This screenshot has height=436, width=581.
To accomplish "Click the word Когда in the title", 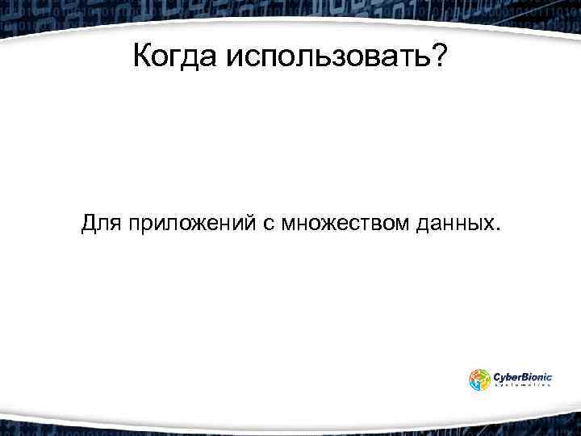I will (x=175, y=57).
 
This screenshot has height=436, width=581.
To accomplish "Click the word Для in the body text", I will (x=100, y=223).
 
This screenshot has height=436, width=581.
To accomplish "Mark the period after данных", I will (x=495, y=229).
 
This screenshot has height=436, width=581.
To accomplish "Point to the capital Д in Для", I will (x=89, y=223).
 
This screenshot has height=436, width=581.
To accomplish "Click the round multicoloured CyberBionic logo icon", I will (x=479, y=379).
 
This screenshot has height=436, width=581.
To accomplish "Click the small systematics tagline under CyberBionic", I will (x=522, y=386).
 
